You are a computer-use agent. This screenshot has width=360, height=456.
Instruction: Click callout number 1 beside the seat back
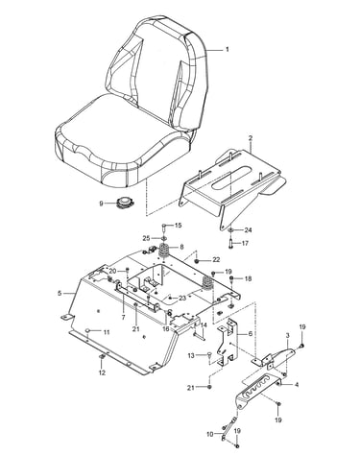point(228,50)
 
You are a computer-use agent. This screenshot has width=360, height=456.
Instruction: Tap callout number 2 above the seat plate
point(251,138)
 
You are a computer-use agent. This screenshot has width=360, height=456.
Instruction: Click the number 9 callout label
point(102,204)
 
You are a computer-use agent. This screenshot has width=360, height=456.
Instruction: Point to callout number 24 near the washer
point(248,230)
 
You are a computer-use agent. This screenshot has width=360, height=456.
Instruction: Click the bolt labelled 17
point(230,244)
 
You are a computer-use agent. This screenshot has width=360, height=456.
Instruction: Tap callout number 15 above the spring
point(178,226)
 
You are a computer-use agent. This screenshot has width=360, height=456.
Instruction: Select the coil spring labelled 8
point(166,250)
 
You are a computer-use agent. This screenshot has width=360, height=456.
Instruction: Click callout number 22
point(216,260)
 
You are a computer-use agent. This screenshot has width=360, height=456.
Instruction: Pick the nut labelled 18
point(231,279)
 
